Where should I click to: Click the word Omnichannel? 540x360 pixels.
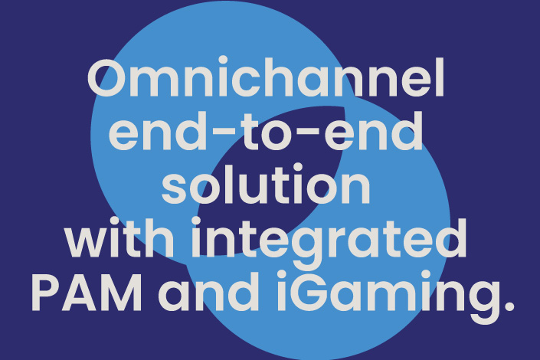[266, 77]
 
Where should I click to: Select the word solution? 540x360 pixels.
[266, 184]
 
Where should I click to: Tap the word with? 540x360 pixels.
[119, 237]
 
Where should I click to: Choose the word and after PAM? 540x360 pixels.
[208, 291]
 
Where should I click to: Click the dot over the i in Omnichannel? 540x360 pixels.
[224, 61]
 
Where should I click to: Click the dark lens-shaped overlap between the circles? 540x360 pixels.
[271, 180]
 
